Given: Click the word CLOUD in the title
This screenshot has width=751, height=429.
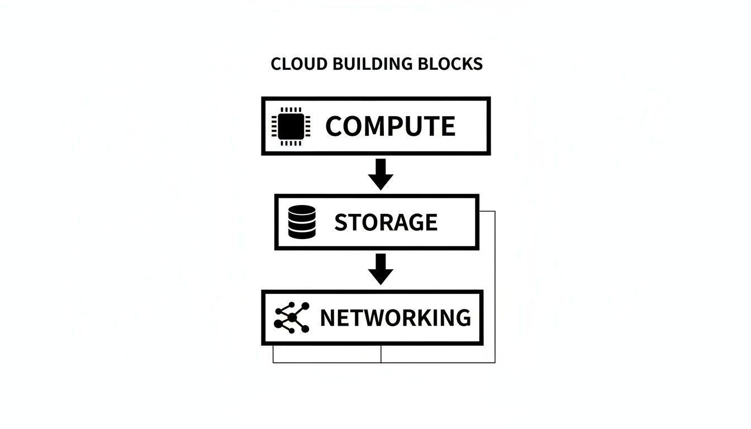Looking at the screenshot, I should [291, 64].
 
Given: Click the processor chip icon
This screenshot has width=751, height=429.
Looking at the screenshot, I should [291, 126].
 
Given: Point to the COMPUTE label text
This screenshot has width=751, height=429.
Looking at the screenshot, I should [390, 126].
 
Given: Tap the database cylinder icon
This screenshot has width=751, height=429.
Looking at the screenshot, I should [302, 222].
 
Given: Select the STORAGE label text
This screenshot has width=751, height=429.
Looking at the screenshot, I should [386, 222].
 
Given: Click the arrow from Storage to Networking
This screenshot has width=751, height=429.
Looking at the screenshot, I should [381, 269].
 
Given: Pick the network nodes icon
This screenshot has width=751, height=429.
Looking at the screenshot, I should [292, 317].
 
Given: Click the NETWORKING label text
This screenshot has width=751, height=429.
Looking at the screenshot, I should [395, 318].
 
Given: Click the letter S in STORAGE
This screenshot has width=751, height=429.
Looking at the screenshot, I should [340, 222].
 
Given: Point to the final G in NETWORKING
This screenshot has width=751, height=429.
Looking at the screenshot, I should [462, 318].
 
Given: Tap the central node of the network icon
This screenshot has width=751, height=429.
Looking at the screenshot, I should [292, 318].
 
